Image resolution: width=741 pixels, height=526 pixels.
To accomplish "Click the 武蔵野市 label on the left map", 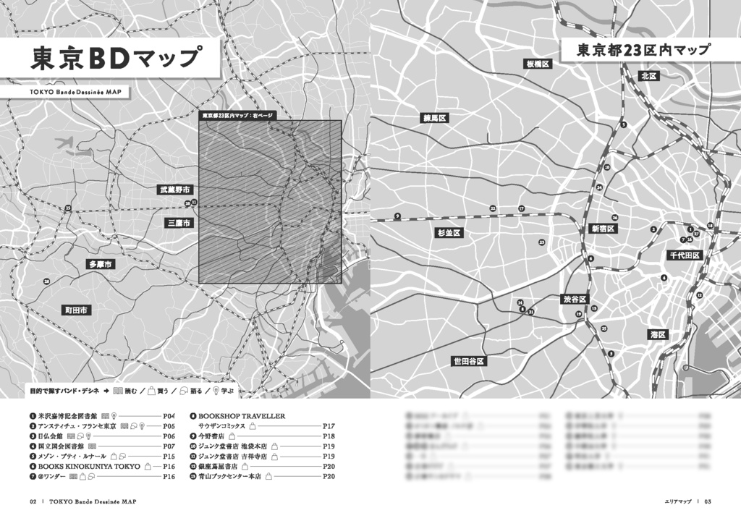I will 176,190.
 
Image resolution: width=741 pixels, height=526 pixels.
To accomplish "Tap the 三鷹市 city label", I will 178,223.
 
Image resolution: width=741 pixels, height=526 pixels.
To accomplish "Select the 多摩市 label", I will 101,265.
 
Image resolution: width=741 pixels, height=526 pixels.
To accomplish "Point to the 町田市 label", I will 75,310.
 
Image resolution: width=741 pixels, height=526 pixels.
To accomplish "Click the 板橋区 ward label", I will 538,64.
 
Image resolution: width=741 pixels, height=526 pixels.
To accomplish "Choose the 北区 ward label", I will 648,76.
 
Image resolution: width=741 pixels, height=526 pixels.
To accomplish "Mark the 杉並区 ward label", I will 449,233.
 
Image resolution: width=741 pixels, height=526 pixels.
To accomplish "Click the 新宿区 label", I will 602,229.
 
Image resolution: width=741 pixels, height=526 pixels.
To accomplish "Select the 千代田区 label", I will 684,255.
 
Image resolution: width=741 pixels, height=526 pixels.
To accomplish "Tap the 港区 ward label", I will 658,334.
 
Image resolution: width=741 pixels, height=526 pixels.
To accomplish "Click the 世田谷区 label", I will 467,360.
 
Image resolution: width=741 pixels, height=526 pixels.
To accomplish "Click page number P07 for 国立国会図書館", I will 169,446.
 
